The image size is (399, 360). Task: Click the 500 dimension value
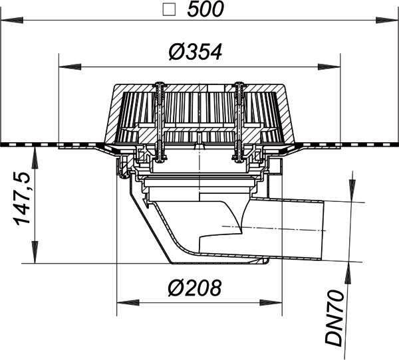(205, 9)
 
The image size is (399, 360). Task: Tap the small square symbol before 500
(169, 10)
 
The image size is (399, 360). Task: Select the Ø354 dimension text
(196, 52)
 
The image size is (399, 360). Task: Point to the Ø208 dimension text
(195, 288)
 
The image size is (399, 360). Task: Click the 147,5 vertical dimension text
(22, 199)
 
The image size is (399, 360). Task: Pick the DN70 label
(335, 318)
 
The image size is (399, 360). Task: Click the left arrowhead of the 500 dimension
(12, 20)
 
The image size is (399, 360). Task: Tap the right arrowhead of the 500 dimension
(386, 20)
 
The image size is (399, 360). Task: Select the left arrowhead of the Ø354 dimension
(70, 67)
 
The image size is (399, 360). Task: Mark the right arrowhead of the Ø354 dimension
(329, 67)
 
